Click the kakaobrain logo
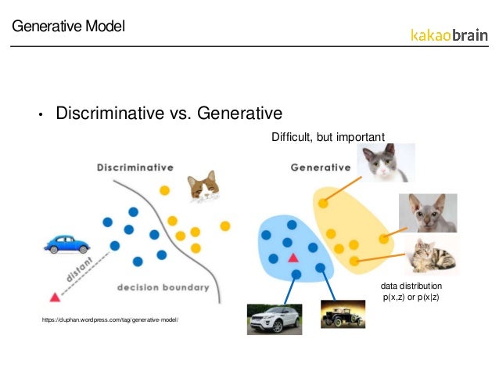[x=448, y=35]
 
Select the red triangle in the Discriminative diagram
[x=55, y=297]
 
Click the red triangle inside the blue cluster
[x=293, y=258]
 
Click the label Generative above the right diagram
[x=320, y=167]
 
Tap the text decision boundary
[x=163, y=287]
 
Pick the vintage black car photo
[x=343, y=314]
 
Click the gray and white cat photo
[x=386, y=163]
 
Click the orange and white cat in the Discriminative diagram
[x=203, y=186]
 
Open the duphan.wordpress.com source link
[x=109, y=320]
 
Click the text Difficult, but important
[x=328, y=137]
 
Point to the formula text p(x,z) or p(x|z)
[x=411, y=298]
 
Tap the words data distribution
[x=411, y=287]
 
